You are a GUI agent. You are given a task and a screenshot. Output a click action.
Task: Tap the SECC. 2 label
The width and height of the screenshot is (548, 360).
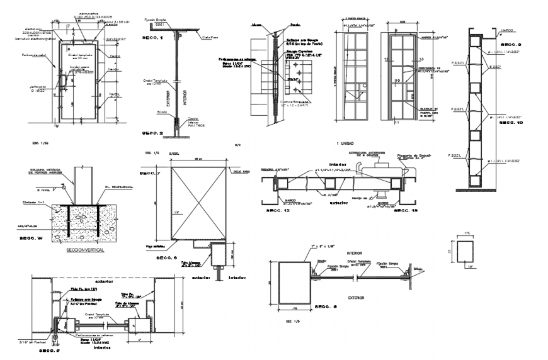pyautogui.click(x=152, y=133)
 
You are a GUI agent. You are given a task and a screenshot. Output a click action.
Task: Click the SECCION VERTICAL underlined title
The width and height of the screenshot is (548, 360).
pyautogui.click(x=85, y=249)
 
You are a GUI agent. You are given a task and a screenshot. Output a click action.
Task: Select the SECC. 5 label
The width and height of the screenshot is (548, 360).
pyautogui.click(x=50, y=350)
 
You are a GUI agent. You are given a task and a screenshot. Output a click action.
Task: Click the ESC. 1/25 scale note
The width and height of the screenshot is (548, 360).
pyautogui.click(x=40, y=144)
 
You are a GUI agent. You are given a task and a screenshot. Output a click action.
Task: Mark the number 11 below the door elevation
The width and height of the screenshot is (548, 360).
pyautogui.click(x=397, y=124)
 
